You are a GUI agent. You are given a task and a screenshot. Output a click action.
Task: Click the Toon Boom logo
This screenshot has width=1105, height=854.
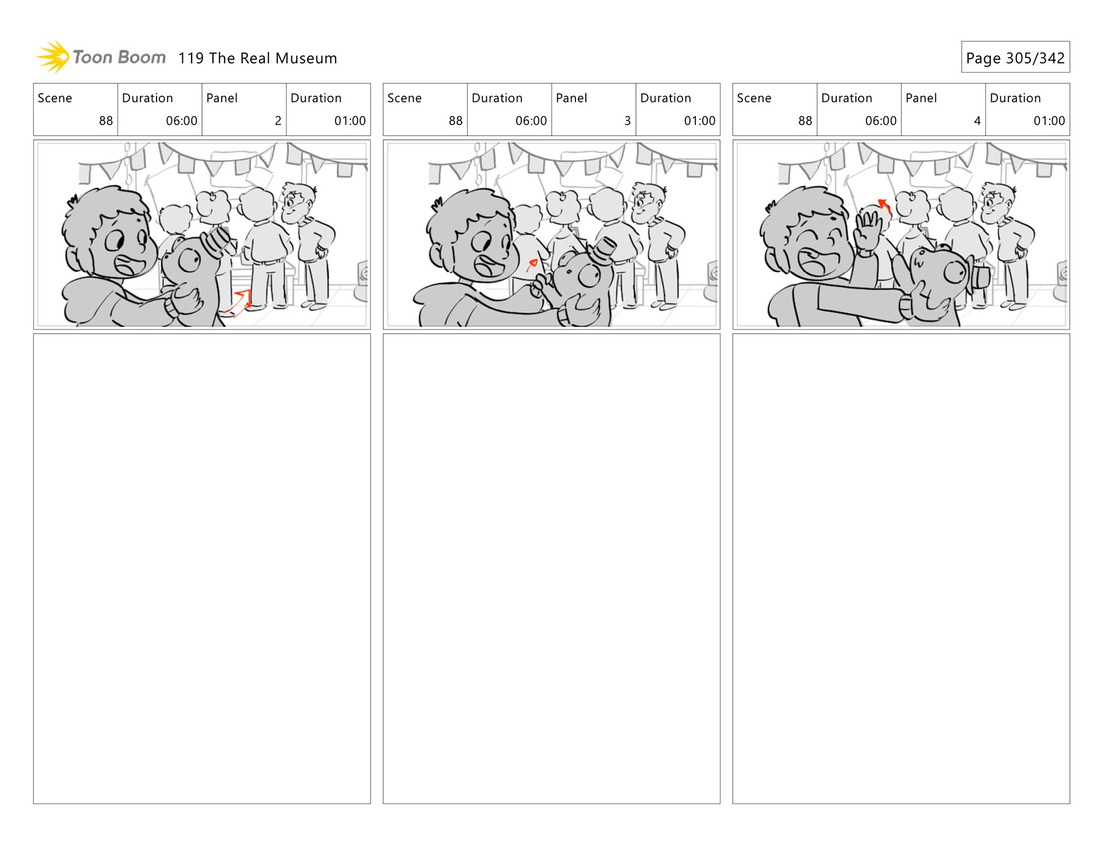coord(101,57)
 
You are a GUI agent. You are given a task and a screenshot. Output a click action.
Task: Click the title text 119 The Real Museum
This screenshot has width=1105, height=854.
coord(258,58)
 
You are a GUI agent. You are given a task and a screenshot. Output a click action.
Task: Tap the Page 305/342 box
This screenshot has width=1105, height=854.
coord(1015,57)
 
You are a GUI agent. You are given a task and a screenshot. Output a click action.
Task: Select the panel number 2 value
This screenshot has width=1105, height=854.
coord(278,121)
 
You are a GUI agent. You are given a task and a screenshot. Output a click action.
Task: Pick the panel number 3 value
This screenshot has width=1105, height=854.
coord(627,121)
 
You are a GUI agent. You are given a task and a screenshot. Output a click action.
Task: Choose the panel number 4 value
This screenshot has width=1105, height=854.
coord(977,121)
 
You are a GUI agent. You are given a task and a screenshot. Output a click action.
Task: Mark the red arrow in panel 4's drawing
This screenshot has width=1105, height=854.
coord(884,205)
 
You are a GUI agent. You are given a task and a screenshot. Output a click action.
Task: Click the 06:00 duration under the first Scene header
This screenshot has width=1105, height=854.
coord(181,121)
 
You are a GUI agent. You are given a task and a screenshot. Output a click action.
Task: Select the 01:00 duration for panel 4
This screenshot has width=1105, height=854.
coord(1049,121)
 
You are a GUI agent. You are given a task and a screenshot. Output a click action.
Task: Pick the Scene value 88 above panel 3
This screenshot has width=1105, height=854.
coord(456,121)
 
